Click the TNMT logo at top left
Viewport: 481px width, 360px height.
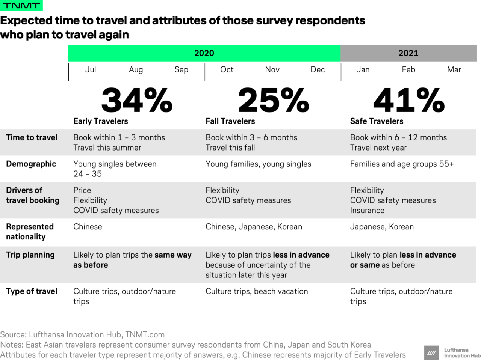[x=21, y=5]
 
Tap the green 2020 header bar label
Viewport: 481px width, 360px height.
[x=204, y=53]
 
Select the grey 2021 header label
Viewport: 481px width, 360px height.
[x=408, y=53]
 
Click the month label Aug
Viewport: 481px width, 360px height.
[x=136, y=69]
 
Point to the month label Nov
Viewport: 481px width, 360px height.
[x=272, y=69]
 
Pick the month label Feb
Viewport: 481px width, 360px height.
[x=408, y=69]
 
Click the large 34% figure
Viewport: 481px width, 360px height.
[x=137, y=100]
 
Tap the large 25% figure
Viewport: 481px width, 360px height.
[x=274, y=100]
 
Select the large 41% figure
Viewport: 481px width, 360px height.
[x=409, y=100]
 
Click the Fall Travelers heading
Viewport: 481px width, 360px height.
[x=230, y=121]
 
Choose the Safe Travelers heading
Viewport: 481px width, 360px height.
[x=377, y=121]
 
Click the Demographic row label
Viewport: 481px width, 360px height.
[x=31, y=164]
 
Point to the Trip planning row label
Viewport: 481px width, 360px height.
[x=30, y=255]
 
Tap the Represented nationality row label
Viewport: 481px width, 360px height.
[x=30, y=232]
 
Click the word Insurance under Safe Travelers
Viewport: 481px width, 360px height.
[x=367, y=210]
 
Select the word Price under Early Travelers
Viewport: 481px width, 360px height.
[x=82, y=190]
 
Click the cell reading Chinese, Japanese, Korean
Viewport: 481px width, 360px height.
[x=254, y=227]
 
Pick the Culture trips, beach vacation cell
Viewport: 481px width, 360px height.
[x=257, y=291]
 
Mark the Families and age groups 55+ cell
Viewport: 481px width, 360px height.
[x=402, y=164]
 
